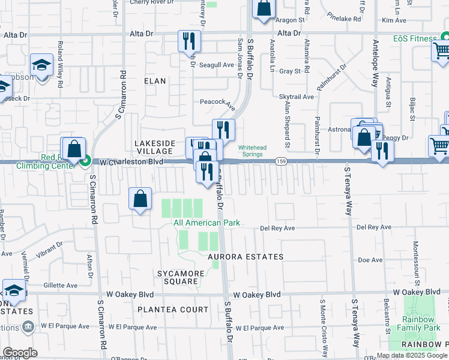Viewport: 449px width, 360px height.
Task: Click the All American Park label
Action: (x=206, y=223)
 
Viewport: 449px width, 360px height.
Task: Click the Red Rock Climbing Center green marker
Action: (x=86, y=160)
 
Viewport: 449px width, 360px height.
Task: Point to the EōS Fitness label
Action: (x=415, y=38)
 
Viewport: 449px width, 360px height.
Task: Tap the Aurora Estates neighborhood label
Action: (x=246, y=257)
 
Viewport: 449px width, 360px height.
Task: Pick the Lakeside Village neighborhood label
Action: (x=154, y=147)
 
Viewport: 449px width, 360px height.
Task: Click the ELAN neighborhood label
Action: (x=155, y=80)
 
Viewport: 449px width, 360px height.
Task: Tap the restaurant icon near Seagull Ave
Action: (x=188, y=41)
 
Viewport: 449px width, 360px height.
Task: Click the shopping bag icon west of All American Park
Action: (x=139, y=199)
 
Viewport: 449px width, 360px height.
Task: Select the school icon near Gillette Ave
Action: (x=13, y=291)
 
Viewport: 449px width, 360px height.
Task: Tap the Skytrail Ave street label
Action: (x=297, y=97)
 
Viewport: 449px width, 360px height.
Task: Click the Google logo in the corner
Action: (x=20, y=353)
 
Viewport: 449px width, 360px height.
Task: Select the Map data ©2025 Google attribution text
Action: (x=412, y=355)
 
